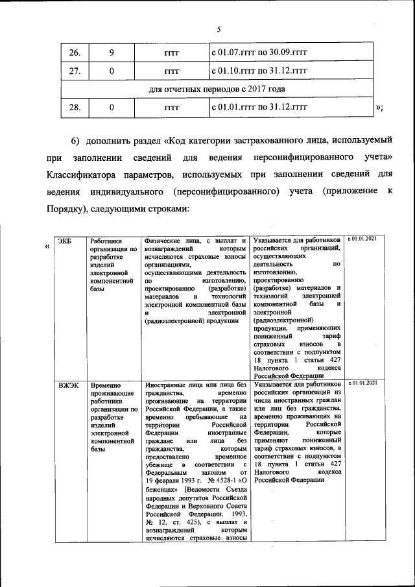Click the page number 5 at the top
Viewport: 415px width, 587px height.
tap(219, 29)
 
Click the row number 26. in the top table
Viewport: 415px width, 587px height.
tap(75, 51)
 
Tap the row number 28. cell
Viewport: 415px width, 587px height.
tap(75, 107)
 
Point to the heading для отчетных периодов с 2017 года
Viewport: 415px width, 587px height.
tap(217, 88)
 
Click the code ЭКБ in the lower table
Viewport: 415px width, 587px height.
tap(65, 241)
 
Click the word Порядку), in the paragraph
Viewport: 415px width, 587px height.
tap(69, 209)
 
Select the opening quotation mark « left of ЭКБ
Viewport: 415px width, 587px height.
tap(47, 247)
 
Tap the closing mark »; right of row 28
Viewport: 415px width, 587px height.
tap(379, 108)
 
